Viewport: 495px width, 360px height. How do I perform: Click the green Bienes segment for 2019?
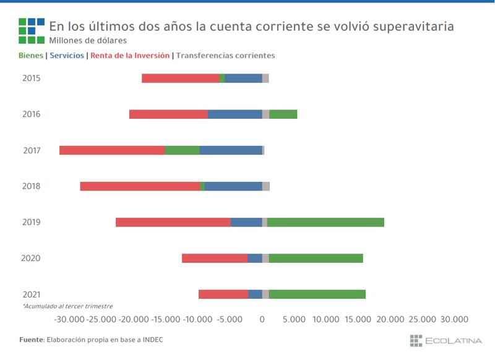coord(325,222)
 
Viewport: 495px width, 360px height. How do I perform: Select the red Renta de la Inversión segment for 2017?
coord(112,150)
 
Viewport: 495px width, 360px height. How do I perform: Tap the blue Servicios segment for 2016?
coord(235,114)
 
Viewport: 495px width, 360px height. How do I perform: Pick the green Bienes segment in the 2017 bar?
coord(182,150)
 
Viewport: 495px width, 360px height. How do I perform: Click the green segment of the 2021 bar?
coord(317,294)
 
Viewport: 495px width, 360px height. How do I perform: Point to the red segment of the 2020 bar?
coord(215,259)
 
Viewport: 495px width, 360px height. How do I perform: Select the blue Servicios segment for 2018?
coord(233,186)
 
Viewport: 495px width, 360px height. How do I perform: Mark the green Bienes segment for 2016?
coord(283,114)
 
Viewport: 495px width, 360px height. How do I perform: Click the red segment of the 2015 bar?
coord(181,79)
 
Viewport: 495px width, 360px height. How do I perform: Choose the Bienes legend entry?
coord(31,56)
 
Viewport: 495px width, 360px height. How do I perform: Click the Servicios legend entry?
coord(67,56)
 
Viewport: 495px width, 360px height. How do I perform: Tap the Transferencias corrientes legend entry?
coord(225,56)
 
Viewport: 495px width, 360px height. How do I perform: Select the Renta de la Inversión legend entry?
coord(130,56)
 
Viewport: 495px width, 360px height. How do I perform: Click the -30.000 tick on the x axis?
coord(69,319)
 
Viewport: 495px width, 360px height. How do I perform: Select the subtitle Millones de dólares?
coord(88,41)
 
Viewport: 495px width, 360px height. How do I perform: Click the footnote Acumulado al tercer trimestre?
coord(67,306)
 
